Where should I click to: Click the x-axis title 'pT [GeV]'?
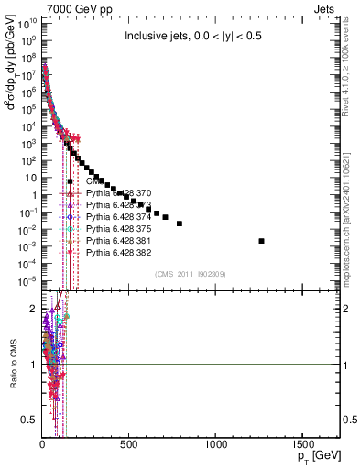[316, 456]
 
